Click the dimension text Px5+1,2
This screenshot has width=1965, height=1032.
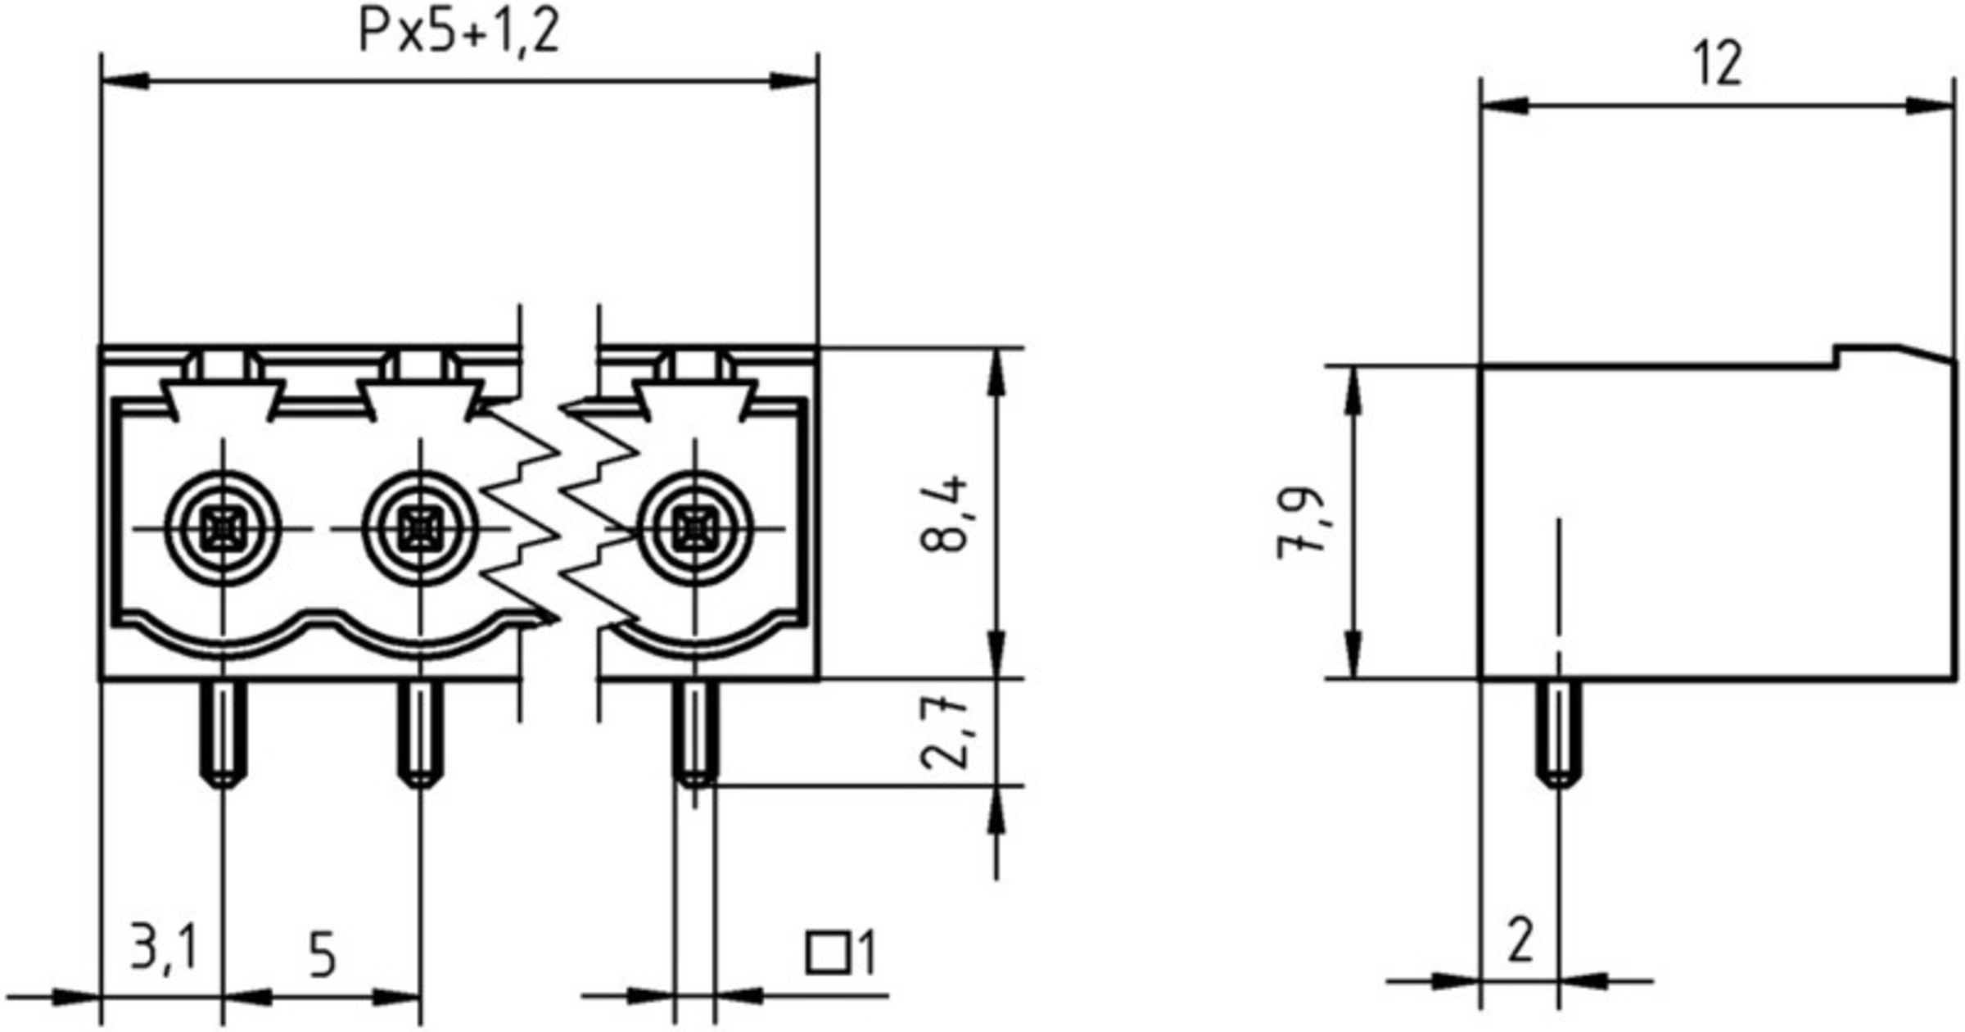[458, 33]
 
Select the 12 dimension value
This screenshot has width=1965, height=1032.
[1718, 64]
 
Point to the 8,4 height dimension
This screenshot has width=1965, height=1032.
[943, 514]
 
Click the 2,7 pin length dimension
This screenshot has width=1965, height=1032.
[943, 733]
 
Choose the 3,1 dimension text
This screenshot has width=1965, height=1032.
[164, 948]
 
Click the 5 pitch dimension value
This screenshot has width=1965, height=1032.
[322, 955]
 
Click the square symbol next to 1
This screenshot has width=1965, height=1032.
[827, 953]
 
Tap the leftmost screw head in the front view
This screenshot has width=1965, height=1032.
[223, 528]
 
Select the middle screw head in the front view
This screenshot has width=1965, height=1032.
[420, 528]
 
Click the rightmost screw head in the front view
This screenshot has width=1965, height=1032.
[695, 528]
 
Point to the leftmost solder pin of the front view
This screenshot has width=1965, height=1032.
[223, 733]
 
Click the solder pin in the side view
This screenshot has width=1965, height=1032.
[1559, 733]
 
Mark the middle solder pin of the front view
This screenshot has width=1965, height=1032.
[420, 733]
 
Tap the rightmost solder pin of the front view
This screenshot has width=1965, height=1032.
[695, 733]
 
